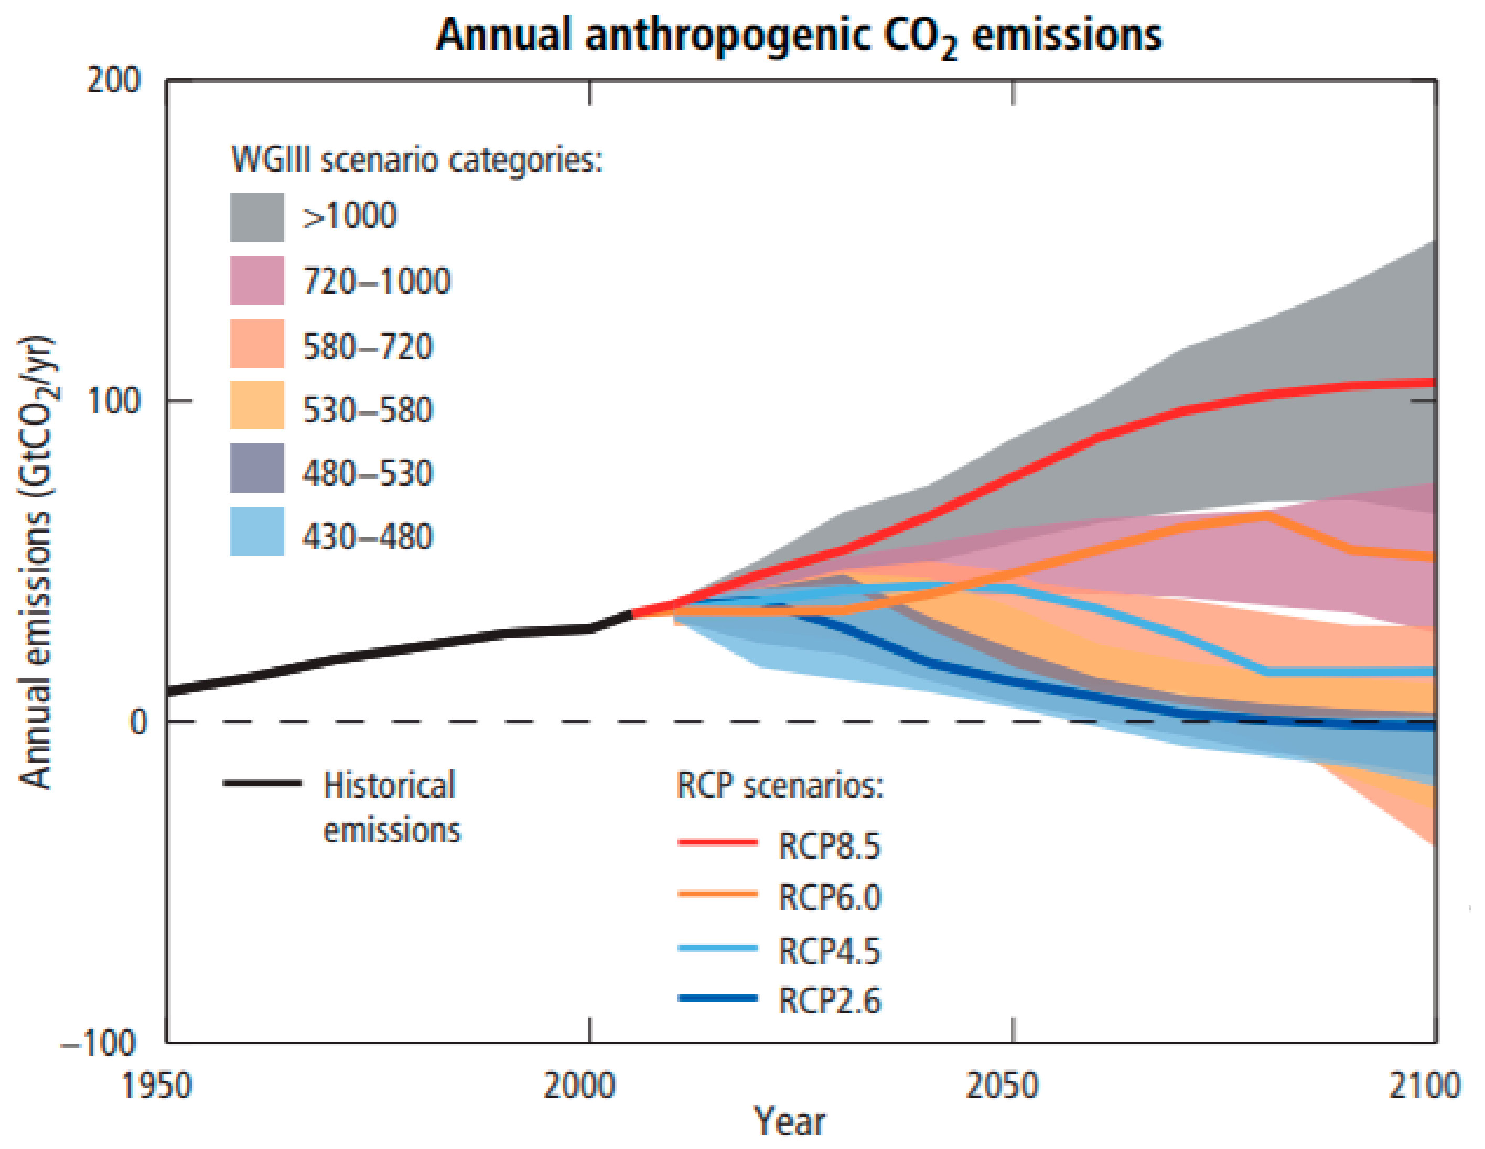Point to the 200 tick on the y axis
point(113,80)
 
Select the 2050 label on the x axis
point(1002,1085)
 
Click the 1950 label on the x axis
point(156,1085)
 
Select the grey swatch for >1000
point(256,218)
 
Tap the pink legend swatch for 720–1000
point(256,281)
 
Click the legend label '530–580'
point(367,410)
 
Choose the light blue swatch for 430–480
point(256,532)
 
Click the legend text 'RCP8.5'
point(829,847)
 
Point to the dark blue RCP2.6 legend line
point(718,998)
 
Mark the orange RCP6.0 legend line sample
point(718,894)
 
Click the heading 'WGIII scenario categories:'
point(417,160)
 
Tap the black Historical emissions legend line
point(263,783)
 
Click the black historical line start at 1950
point(170,691)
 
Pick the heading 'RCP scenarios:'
point(780,786)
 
